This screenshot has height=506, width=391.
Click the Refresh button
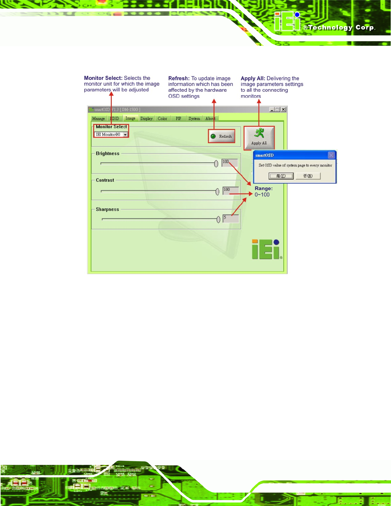222,136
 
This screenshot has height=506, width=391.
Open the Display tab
146,119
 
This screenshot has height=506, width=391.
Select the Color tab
162,119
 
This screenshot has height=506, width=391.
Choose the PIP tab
178,119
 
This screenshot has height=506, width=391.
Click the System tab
194,119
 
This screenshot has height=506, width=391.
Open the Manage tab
98,119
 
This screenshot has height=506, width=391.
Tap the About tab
210,119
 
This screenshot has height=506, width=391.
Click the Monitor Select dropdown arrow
126,135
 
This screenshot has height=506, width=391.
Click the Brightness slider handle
216,164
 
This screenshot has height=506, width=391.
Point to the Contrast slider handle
217,192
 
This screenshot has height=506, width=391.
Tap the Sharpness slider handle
218,219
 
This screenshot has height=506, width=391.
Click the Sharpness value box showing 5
231,218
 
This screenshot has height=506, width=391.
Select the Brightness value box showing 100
230,163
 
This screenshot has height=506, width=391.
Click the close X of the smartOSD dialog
331,155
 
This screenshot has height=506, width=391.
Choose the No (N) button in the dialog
308,176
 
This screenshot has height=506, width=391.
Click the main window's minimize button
272,110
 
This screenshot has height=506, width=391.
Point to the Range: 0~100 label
263,192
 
